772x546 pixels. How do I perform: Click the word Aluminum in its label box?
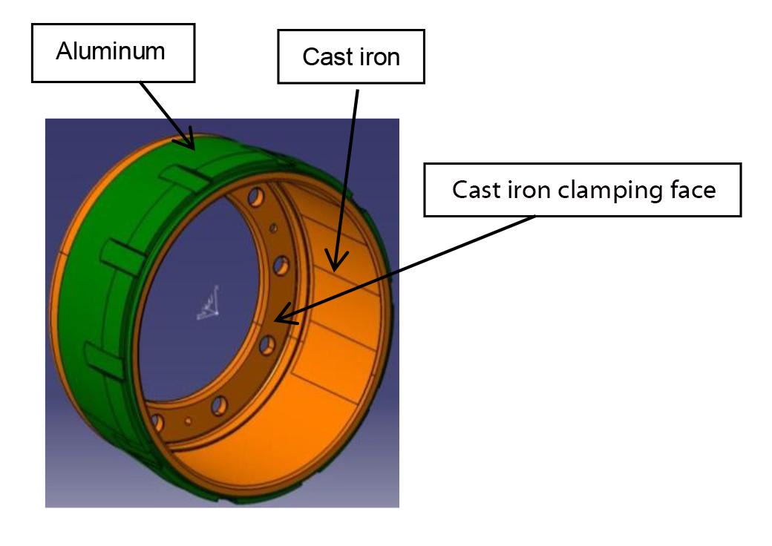coord(111,52)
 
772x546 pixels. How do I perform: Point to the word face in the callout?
coord(692,190)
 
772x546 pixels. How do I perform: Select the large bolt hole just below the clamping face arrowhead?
coord(266,344)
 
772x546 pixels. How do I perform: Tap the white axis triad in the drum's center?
coord(209,304)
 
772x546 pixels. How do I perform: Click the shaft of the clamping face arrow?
coord(408,268)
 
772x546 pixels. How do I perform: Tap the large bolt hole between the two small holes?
coord(219,405)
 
